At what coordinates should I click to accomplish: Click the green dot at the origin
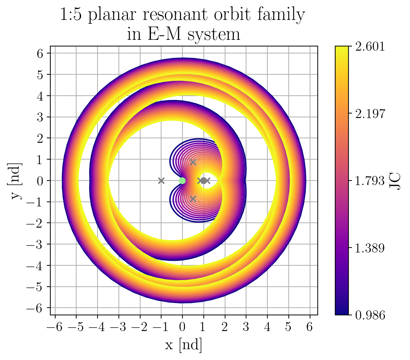182,181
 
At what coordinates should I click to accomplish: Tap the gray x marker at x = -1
161,181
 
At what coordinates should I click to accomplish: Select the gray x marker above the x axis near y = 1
193,162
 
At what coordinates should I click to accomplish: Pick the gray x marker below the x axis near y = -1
193,199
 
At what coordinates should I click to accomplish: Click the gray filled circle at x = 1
203,181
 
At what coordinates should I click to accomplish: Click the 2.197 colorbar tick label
371,113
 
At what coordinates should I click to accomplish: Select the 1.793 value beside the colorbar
371,181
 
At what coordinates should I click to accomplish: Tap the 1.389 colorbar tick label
371,248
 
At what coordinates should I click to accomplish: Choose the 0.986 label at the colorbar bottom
371,315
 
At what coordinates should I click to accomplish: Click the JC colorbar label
395,181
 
